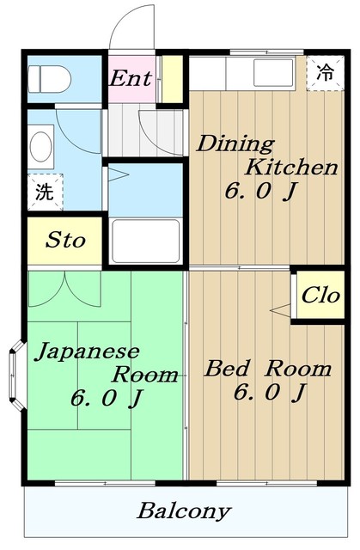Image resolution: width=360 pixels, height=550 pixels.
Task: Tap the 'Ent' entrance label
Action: coord(131,79)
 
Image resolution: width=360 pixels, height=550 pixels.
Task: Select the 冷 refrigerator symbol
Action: coord(325,73)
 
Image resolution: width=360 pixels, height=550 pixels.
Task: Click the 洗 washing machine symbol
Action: coord(42,192)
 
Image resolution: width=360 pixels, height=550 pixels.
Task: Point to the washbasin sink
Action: coord(40,146)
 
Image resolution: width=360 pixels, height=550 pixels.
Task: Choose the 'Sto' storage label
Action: coord(65,240)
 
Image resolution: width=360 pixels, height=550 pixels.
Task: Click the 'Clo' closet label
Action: coord(320,296)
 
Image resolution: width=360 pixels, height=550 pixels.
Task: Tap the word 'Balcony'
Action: coord(183,511)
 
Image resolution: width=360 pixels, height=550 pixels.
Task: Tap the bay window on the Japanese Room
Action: coord(15,376)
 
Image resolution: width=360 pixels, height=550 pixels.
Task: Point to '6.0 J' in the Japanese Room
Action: coord(106,399)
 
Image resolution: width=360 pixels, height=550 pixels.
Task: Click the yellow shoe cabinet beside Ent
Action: coord(173,79)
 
